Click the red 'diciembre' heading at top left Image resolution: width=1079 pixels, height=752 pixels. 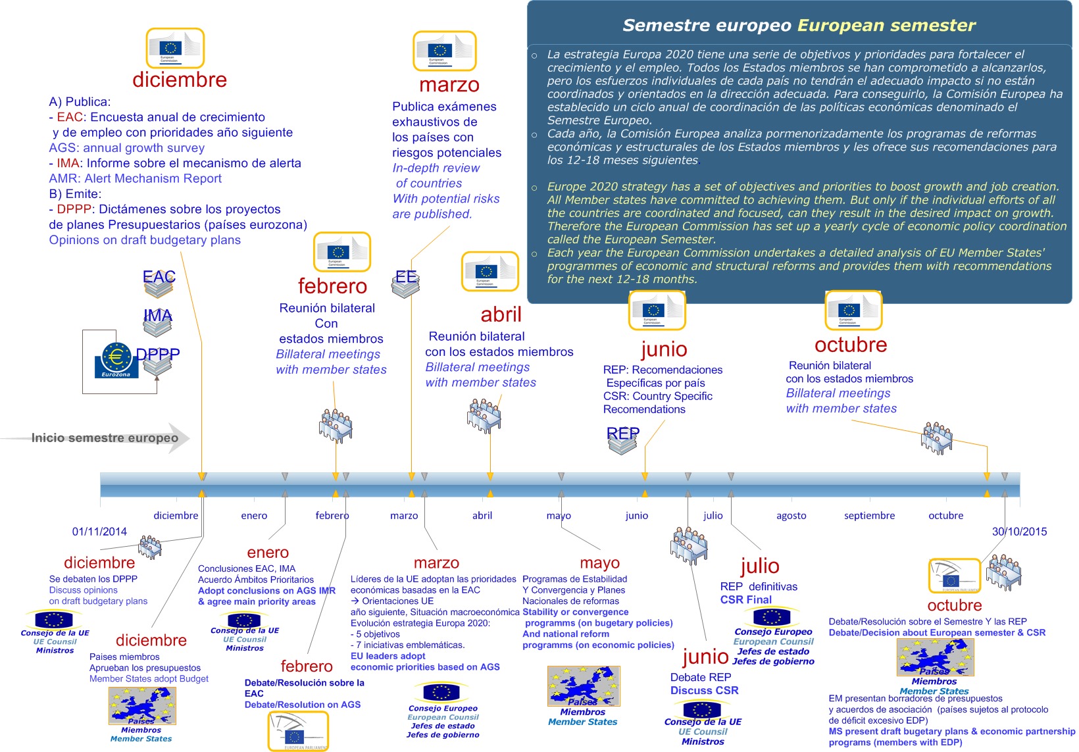(x=179, y=80)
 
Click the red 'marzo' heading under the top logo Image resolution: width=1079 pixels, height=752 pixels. (x=449, y=85)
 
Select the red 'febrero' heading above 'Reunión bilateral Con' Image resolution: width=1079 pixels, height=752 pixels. (x=332, y=286)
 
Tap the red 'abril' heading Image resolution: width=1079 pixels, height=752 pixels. (x=501, y=314)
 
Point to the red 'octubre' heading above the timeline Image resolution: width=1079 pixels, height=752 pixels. (x=850, y=345)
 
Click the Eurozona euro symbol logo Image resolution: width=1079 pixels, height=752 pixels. (x=116, y=359)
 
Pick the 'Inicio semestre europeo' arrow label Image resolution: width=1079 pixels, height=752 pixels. (x=105, y=438)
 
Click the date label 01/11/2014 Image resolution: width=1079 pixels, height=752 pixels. (x=99, y=532)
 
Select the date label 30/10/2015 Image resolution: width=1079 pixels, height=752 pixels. (x=1019, y=532)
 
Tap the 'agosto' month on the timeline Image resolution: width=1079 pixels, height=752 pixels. (x=791, y=516)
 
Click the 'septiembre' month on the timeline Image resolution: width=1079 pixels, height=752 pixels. (x=869, y=516)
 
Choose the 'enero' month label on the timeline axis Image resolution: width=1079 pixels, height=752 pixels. (x=254, y=516)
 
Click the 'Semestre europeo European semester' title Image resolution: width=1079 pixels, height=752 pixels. (x=799, y=26)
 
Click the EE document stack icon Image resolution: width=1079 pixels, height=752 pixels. (x=406, y=283)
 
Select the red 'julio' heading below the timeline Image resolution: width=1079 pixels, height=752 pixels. (x=760, y=566)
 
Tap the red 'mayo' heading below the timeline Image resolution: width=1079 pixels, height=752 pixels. (x=599, y=563)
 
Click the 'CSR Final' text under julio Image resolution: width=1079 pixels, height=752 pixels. (x=745, y=600)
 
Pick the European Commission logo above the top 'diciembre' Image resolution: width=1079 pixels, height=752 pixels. (x=175, y=48)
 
